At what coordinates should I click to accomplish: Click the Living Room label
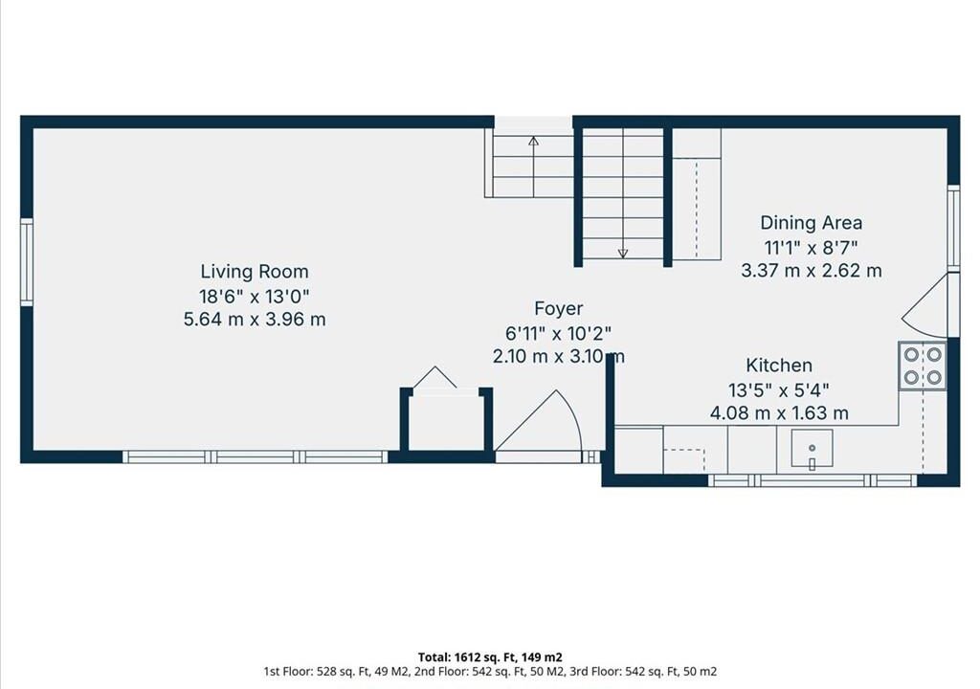[255, 272]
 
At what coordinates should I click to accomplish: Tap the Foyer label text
[559, 308]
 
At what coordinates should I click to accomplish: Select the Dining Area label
[812, 223]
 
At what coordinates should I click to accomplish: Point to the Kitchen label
[779, 366]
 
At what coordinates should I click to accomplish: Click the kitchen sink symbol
[812, 448]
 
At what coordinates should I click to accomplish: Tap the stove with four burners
[923, 366]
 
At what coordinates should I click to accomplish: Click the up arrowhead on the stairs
[533, 142]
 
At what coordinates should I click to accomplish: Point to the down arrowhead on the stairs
[622, 254]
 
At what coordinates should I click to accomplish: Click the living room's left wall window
[26, 262]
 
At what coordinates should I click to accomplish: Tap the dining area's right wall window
[953, 228]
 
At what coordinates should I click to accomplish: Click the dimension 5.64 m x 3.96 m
[255, 320]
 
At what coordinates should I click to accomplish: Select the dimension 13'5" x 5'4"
[779, 390]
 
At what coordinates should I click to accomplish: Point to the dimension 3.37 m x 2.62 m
[812, 271]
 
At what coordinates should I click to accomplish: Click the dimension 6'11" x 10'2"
[558, 333]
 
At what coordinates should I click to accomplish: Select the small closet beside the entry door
[446, 417]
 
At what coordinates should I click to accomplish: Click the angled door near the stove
[925, 306]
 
